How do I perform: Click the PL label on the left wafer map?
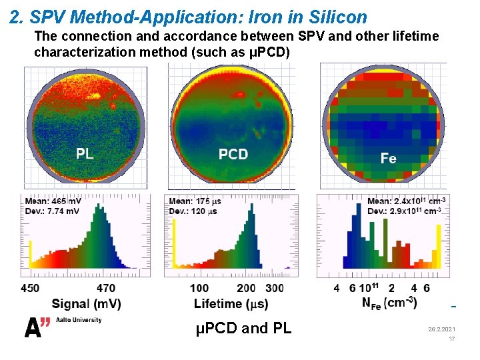85,154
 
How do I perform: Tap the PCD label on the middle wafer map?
233,155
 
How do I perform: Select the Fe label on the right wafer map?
388,158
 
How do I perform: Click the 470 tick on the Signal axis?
106,288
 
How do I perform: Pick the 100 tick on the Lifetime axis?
199,288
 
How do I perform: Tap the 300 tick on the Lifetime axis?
273,288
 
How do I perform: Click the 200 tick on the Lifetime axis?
247,288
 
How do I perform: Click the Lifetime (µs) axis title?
231,304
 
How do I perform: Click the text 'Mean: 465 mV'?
55,201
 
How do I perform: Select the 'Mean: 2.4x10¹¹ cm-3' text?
407,201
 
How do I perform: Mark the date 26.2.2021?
442,330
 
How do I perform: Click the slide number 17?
451,339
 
